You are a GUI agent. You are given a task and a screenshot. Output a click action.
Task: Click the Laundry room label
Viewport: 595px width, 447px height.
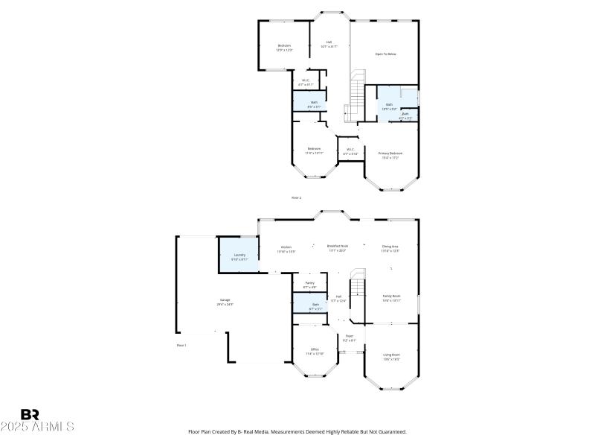pyautogui.click(x=239, y=256)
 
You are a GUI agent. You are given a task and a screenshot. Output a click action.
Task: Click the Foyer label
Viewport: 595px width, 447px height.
pyautogui.click(x=349, y=337)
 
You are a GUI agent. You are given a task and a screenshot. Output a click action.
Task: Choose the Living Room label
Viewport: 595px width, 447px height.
pyautogui.click(x=391, y=355)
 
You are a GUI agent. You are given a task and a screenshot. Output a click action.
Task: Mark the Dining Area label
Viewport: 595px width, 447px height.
pyautogui.click(x=390, y=247)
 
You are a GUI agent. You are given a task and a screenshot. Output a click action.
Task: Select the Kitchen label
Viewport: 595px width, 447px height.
pyautogui.click(x=286, y=247)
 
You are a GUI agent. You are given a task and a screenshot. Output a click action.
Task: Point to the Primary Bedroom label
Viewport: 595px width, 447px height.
pyautogui.click(x=390, y=153)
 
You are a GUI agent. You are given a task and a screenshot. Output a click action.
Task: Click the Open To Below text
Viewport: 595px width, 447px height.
pyautogui.click(x=385, y=54)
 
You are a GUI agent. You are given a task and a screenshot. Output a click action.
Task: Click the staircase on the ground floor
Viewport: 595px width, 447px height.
pyautogui.click(x=358, y=284)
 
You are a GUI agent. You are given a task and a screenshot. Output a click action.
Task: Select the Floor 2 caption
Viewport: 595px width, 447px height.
pyautogui.click(x=296, y=197)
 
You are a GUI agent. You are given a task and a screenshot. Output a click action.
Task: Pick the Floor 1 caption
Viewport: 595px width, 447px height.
pyautogui.click(x=181, y=345)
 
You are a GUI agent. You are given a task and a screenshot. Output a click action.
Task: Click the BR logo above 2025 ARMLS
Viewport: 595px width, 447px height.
pyautogui.click(x=30, y=414)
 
